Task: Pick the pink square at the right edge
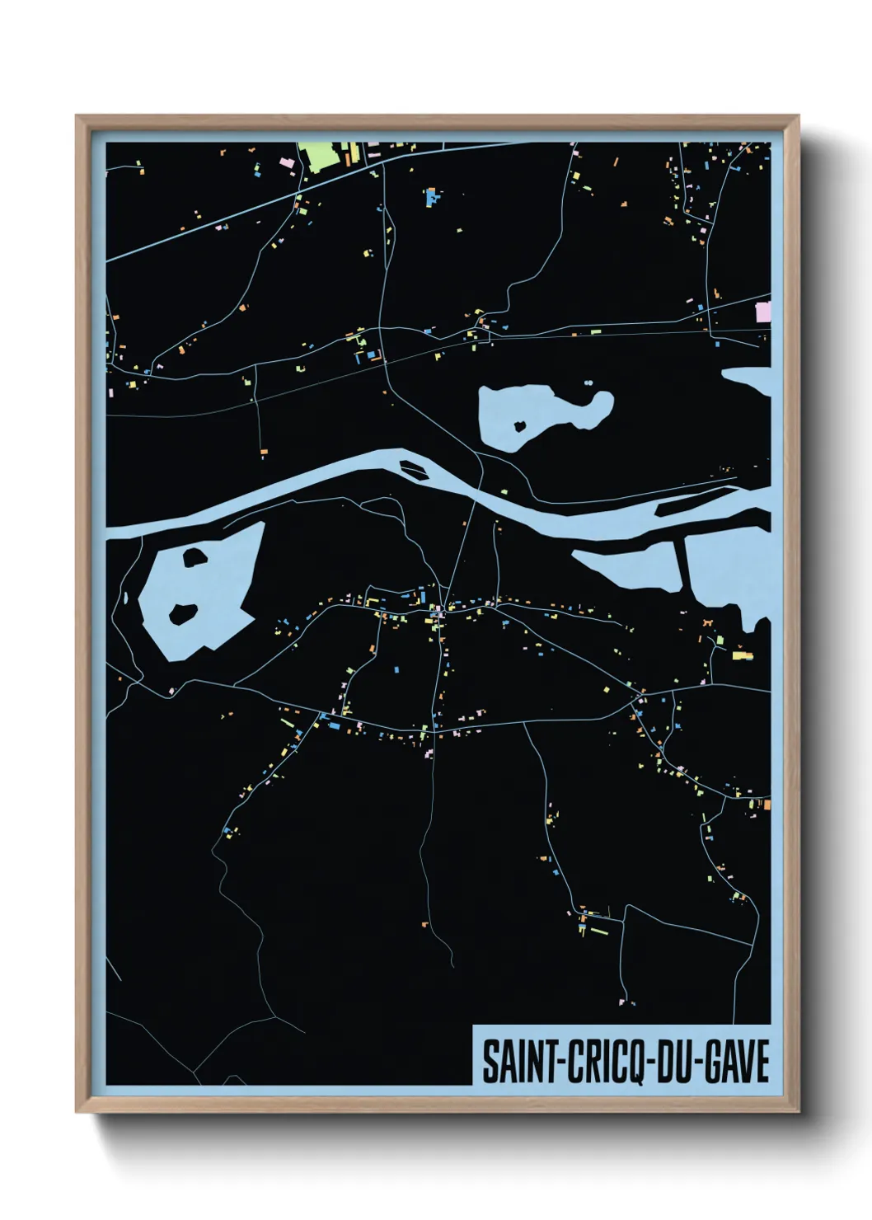pyautogui.click(x=763, y=312)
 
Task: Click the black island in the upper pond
pyautogui.click(x=520, y=426)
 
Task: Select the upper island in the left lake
pyautogui.click(x=195, y=556)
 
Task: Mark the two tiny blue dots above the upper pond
pyautogui.click(x=588, y=382)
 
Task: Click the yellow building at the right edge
pyautogui.click(x=742, y=656)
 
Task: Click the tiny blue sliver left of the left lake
pyautogui.click(x=125, y=597)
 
